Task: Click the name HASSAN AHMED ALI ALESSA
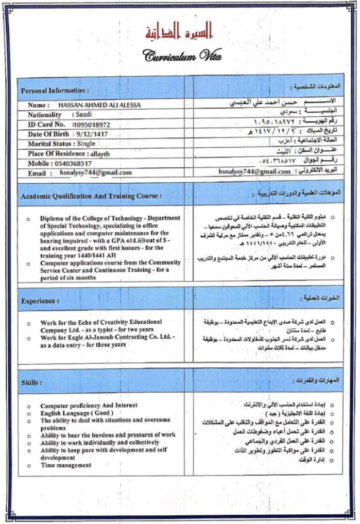pyautogui.click(x=99, y=105)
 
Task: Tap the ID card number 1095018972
pyautogui.click(x=92, y=124)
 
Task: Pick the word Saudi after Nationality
pyautogui.click(x=83, y=114)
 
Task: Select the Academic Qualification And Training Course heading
pyautogui.click(x=91, y=196)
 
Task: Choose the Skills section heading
pyautogui.click(x=31, y=382)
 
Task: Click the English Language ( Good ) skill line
pyautogui.click(x=77, y=413)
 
